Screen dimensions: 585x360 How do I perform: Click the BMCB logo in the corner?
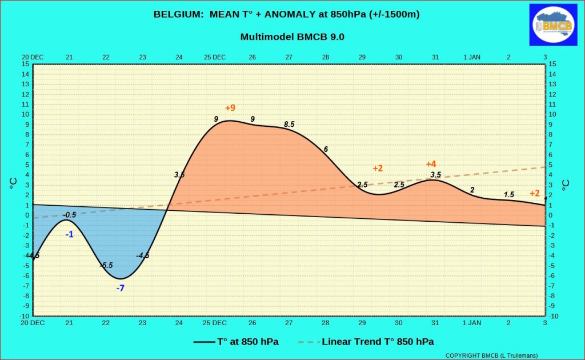(x=553, y=25)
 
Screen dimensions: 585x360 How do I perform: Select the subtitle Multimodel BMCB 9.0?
(x=292, y=37)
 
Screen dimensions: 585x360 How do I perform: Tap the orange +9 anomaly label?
(x=230, y=108)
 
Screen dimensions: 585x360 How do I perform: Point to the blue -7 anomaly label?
(x=120, y=288)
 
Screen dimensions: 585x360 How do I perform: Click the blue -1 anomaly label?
(x=69, y=235)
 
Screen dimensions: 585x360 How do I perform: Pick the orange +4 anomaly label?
(x=431, y=164)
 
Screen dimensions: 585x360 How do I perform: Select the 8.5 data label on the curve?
(x=289, y=124)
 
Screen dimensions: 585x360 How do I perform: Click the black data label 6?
(x=326, y=149)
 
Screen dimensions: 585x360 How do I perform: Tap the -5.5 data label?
(x=106, y=265)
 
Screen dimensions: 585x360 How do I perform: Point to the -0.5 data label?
(x=69, y=215)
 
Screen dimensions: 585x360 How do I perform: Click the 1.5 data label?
(x=509, y=194)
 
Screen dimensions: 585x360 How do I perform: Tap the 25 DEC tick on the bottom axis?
(x=215, y=323)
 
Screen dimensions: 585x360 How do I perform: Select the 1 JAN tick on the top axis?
(x=472, y=57)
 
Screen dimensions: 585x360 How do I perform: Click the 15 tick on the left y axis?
(x=25, y=64)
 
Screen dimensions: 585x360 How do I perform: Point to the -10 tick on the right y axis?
(x=554, y=316)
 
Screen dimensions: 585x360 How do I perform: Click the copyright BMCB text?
(x=491, y=355)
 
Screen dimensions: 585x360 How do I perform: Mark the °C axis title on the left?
(x=14, y=183)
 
